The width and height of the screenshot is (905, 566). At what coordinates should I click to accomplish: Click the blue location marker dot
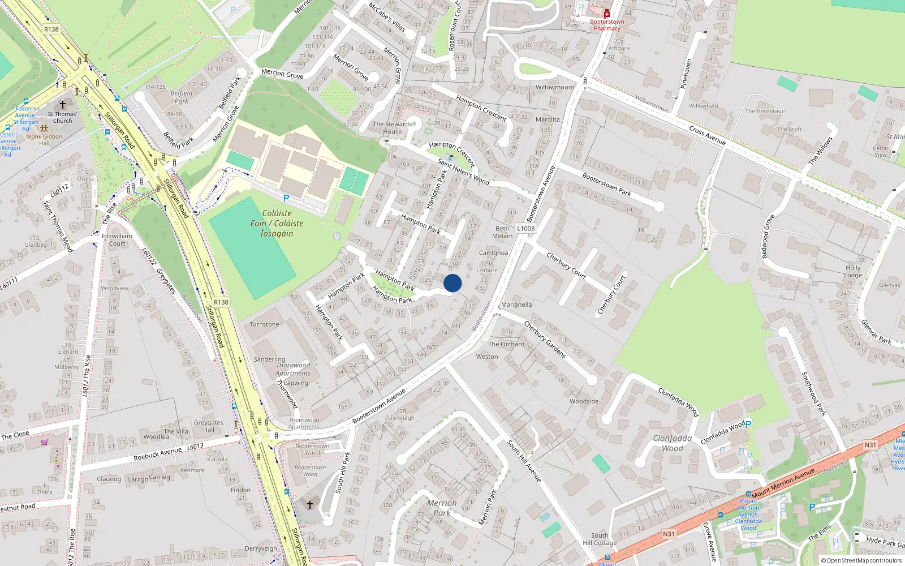click(x=453, y=283)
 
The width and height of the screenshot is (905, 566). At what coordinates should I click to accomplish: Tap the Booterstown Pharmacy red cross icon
click(x=607, y=14)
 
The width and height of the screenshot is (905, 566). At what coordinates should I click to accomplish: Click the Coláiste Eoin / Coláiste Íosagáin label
click(x=277, y=223)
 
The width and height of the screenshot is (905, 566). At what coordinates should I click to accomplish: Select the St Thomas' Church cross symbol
click(x=63, y=105)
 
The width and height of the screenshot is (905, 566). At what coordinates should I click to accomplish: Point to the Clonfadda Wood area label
click(x=673, y=443)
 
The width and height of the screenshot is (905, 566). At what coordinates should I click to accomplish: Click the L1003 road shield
click(x=526, y=229)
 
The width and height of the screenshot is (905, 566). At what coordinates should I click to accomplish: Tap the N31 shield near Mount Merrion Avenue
click(x=870, y=445)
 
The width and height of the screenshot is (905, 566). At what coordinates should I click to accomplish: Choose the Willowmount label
click(x=554, y=87)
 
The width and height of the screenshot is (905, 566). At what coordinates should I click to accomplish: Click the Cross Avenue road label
click(x=707, y=135)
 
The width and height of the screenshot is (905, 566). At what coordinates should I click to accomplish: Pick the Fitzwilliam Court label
click(x=117, y=240)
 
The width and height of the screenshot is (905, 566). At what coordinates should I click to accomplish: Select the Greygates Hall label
click(x=208, y=426)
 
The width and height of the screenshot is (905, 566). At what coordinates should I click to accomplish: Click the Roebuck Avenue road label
click(x=158, y=454)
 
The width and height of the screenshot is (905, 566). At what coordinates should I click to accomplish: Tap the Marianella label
click(x=516, y=305)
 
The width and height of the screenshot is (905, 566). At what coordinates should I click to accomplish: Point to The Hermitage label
click(x=765, y=111)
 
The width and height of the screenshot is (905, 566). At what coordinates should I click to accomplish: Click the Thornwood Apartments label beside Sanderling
click(x=293, y=369)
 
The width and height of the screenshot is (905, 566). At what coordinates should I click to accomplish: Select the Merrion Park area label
click(x=442, y=508)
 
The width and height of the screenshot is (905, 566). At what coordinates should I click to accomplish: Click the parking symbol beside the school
click(x=286, y=198)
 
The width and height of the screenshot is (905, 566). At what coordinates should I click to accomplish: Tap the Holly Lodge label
click(x=853, y=271)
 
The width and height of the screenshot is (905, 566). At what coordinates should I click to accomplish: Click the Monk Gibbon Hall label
click(x=44, y=140)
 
